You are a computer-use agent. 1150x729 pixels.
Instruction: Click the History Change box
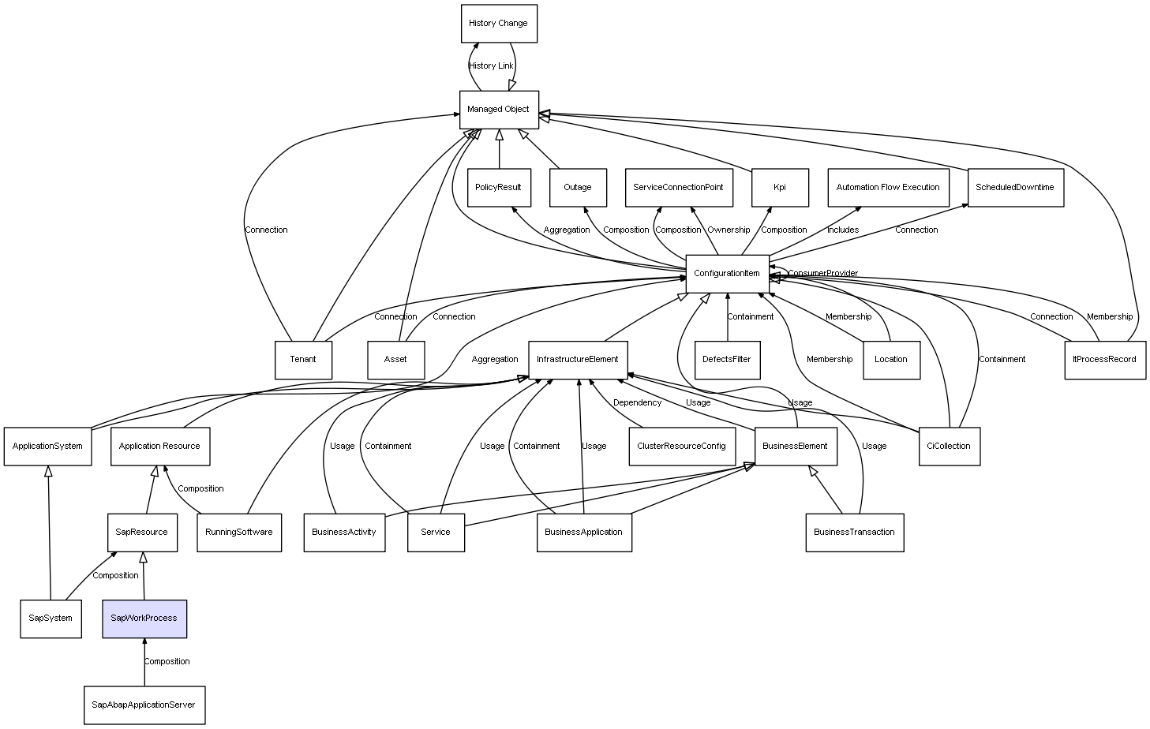(x=498, y=24)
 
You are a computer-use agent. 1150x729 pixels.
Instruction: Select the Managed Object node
(x=498, y=110)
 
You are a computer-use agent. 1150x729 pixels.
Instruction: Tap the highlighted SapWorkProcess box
(x=144, y=619)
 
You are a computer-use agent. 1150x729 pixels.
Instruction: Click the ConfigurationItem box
(x=726, y=274)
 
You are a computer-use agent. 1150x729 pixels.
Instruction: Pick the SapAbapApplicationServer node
(x=144, y=705)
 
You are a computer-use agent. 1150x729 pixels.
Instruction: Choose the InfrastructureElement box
(x=577, y=360)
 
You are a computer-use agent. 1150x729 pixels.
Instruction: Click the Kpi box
(x=779, y=188)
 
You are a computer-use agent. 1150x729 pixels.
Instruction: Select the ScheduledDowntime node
(x=1014, y=188)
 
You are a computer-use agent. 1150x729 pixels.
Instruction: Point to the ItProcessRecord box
(x=1103, y=360)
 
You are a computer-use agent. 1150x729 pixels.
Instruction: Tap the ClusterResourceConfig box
(x=680, y=447)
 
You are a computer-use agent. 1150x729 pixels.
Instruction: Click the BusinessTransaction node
(x=854, y=533)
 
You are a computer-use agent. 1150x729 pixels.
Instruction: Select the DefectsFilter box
(x=726, y=360)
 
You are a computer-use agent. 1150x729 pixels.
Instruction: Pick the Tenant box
(x=302, y=360)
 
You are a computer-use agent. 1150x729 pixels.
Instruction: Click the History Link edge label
(x=490, y=66)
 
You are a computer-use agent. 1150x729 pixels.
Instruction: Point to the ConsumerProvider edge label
(x=822, y=274)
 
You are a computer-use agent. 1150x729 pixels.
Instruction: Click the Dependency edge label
(x=637, y=403)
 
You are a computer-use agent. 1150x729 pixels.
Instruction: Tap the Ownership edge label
(x=728, y=230)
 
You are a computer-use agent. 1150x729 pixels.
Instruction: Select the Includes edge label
(x=842, y=230)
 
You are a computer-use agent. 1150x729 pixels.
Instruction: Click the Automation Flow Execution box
(x=887, y=188)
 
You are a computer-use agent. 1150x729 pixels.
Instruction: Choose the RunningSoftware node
(x=238, y=533)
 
